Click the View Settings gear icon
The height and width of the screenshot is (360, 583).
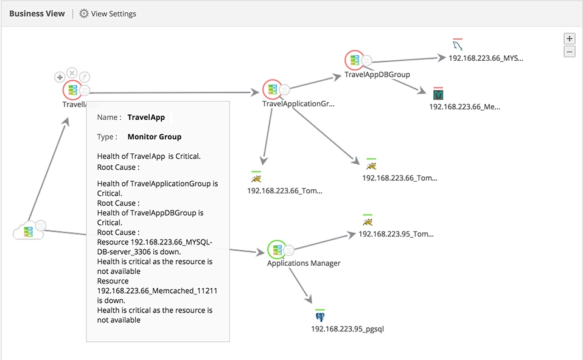point(84,13)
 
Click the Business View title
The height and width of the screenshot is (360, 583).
point(37,13)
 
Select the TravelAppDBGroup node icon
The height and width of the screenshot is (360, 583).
point(354,60)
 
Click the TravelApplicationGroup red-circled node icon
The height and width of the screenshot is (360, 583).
point(271,89)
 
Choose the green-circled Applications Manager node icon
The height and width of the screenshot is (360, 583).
point(276,250)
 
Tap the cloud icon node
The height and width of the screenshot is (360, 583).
point(28,232)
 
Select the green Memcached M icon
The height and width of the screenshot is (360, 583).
point(438,94)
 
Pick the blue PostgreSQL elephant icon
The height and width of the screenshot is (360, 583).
point(320,317)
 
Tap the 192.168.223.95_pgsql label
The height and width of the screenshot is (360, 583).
point(347,329)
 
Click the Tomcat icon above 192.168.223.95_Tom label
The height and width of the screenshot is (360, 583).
point(367,221)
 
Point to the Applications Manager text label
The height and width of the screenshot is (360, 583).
point(304,263)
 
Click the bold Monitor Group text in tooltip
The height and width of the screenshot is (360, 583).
point(155,137)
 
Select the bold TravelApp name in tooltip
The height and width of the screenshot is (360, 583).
point(146,117)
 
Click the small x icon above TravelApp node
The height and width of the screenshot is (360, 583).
point(72,73)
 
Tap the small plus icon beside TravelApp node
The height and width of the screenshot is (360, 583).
point(60,77)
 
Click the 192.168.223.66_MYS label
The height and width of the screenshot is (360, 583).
point(486,58)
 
